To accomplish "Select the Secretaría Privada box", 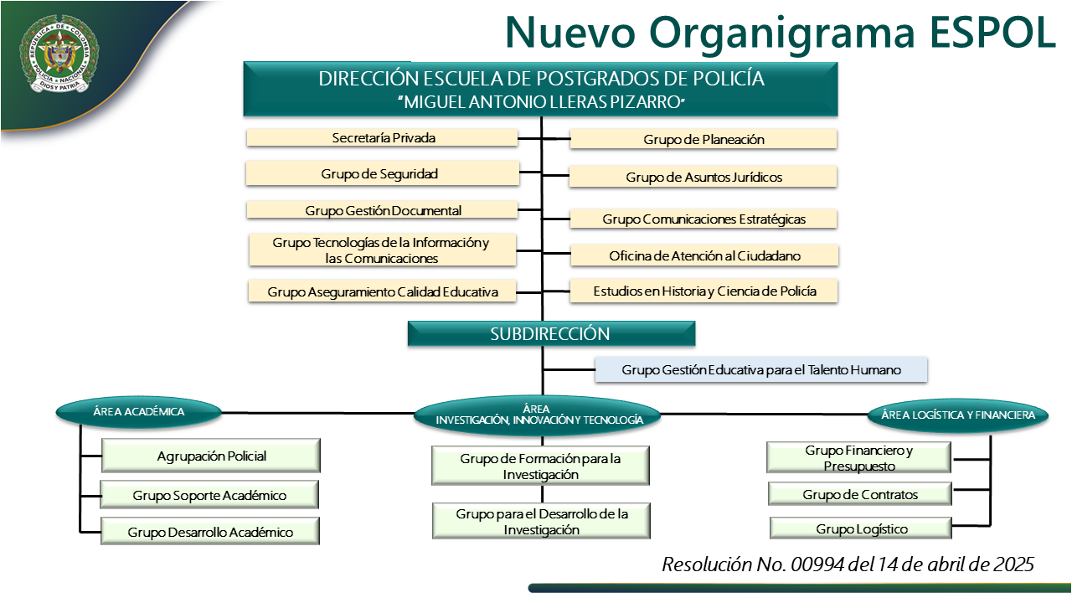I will (x=382, y=137).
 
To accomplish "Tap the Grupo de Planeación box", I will (x=703, y=140).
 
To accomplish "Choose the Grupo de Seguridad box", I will (x=382, y=173).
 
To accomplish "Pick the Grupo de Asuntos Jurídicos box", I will (x=703, y=177).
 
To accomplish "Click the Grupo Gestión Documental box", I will (x=382, y=210).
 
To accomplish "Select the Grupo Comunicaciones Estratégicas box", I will (x=703, y=219).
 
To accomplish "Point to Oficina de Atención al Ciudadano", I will (x=703, y=255).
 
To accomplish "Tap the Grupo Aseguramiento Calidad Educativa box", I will (x=382, y=292).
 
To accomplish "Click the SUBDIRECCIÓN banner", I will (x=551, y=333).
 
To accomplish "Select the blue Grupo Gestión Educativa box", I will (x=760, y=369).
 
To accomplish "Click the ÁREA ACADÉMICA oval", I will (x=138, y=411).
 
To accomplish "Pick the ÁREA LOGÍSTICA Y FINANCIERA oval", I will (x=957, y=414).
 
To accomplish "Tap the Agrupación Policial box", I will (x=211, y=456).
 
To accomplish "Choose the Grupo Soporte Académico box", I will (x=209, y=495).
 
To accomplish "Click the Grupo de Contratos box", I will (x=859, y=494).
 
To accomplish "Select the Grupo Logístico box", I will (x=861, y=528).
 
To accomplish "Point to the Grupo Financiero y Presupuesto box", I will (x=858, y=458).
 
